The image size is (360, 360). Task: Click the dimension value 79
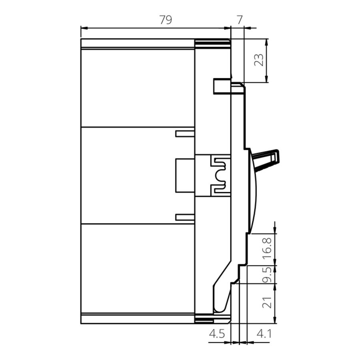[166, 20]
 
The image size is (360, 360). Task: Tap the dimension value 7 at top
[240, 20]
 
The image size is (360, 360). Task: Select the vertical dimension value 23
[259, 60]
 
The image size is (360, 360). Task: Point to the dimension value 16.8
[268, 249]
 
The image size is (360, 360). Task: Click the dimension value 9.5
[268, 274]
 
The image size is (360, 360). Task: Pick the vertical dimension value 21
[268, 302]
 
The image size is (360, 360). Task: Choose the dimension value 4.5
[217, 334]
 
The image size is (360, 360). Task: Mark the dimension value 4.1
[264, 334]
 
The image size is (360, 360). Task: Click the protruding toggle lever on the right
[266, 159]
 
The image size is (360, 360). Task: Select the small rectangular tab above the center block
[185, 134]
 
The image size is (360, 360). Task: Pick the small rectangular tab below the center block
[185, 217]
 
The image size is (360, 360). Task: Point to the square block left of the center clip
[185, 176]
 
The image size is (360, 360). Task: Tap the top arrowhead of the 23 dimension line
[266, 42]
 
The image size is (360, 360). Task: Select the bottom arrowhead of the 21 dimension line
[275, 320]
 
